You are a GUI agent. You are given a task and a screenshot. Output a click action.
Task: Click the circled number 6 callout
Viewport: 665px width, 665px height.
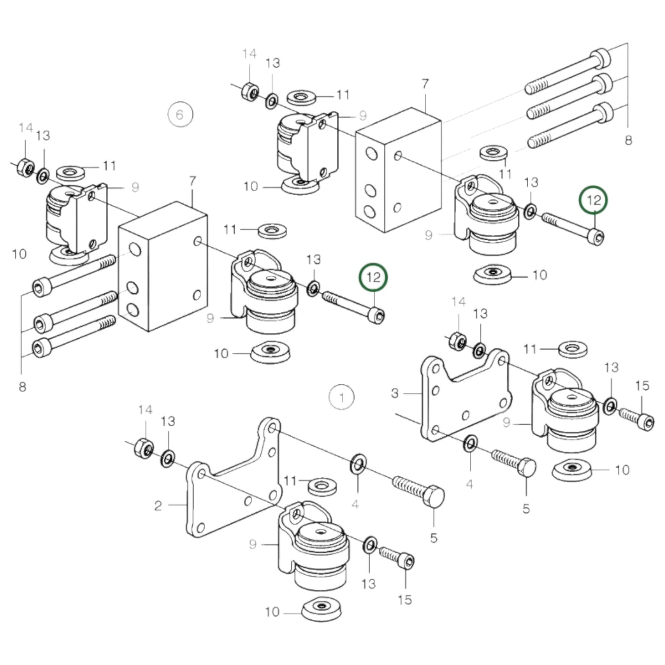coord(180,114)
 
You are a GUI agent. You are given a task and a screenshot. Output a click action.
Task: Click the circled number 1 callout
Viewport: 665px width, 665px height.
coord(341,397)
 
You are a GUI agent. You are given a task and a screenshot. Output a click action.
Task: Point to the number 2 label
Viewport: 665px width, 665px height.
coord(158,506)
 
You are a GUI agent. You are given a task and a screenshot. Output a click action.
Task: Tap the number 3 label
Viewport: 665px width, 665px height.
coord(395,393)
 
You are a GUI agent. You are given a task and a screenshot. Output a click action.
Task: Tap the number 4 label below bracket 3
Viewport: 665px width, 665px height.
coord(469,484)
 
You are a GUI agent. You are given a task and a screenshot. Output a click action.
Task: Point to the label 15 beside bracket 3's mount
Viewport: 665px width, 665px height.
coord(642,386)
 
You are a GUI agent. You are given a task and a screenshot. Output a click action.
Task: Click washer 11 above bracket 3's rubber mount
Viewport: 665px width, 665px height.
coord(572,349)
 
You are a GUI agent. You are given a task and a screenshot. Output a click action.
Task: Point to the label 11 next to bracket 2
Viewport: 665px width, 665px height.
coord(289,481)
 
